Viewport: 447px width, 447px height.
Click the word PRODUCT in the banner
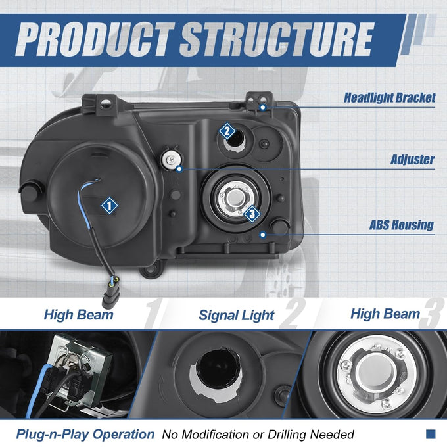95,39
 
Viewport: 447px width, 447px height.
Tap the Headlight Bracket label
389,98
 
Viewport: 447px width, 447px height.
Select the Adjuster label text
413,159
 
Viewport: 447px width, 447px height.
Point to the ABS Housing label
402,225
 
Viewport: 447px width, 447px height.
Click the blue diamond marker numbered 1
110,205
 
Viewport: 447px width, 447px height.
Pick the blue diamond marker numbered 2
227,131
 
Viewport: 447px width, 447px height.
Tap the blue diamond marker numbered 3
252,214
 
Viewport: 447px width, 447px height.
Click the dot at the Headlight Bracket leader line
263,107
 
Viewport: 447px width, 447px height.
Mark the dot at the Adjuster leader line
179,169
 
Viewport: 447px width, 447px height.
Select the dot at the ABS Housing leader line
263,235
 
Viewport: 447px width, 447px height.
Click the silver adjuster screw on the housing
171,160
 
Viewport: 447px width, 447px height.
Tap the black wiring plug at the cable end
110,297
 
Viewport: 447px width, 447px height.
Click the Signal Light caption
237,316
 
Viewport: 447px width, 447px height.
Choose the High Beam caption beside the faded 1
79,315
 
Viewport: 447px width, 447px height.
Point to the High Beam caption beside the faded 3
385,314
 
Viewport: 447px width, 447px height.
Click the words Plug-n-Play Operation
85,434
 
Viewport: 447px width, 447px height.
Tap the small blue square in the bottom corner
431,434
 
